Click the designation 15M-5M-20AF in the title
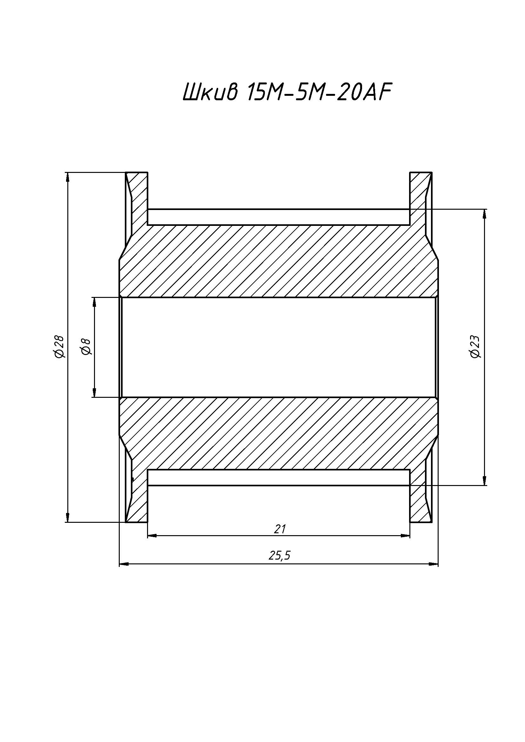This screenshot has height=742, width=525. tap(319, 93)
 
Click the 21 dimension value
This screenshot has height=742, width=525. tap(280, 529)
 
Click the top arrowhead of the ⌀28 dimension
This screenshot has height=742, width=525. tap(67, 177)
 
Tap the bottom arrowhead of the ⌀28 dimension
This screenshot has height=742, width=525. tap(67, 517)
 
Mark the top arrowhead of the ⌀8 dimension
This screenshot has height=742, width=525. tap(94, 303)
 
